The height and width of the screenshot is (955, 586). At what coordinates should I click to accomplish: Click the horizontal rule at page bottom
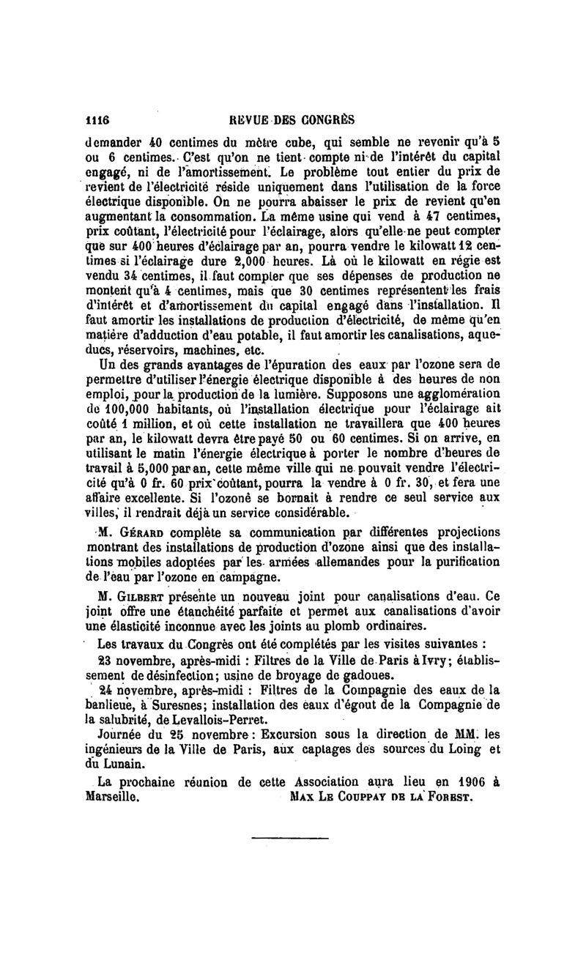click(x=290, y=838)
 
